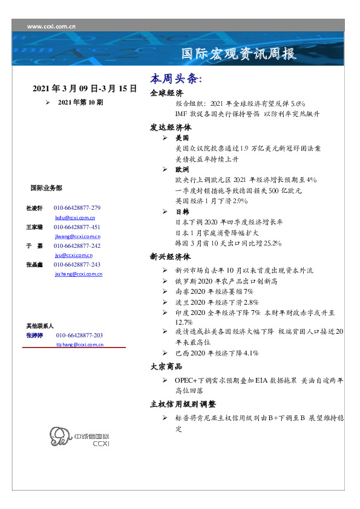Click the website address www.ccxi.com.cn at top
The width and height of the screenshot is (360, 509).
51,26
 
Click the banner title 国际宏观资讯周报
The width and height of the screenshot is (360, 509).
239,54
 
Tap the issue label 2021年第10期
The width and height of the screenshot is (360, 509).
80,103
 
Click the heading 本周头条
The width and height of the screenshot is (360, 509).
175,79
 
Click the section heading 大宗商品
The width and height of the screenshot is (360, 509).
166,366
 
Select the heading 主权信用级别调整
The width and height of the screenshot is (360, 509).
183,404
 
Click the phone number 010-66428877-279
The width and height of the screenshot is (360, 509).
77,207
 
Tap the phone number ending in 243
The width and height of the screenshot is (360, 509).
77,265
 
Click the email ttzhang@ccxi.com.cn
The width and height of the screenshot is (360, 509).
79,344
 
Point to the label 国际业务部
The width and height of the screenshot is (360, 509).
46,188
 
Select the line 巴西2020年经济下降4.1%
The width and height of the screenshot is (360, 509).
217,352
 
